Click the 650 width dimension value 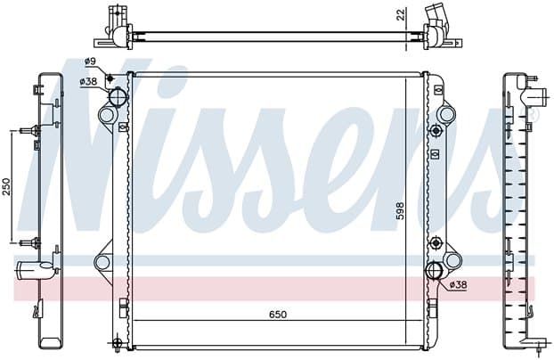[x=278, y=315]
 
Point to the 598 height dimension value [x=400, y=211]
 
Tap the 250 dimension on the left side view [x=7, y=186]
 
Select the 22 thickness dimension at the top [x=401, y=15]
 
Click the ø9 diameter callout [x=90, y=61]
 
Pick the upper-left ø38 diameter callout [x=88, y=81]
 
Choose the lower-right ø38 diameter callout [x=458, y=284]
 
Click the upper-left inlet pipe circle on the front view [x=117, y=96]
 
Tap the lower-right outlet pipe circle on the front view [x=435, y=271]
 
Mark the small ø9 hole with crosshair [x=110, y=78]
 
